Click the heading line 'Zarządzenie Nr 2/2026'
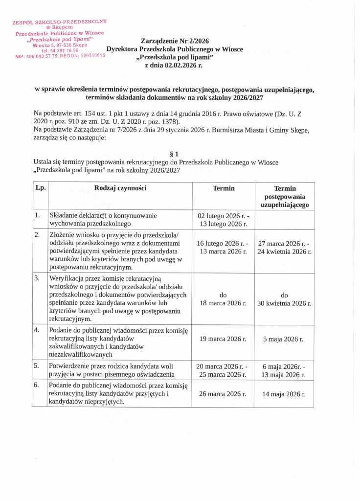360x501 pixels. coord(175,43)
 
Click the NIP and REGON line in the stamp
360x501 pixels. coord(60,56)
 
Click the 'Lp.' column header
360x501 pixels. coord(39,188)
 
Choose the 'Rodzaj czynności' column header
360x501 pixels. coord(120,188)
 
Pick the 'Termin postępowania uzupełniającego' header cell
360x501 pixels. coord(284,197)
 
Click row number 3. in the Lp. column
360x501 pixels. coord(37,278)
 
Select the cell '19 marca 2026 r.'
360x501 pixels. coord(223,339)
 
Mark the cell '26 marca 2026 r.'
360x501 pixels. coord(223,393)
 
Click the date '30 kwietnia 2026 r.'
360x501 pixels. coord(284,303)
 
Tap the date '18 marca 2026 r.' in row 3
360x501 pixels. coord(223,303)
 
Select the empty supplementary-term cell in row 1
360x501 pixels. coord(284,219)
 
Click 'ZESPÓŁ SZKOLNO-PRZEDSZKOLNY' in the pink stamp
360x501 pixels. coord(60,22)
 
